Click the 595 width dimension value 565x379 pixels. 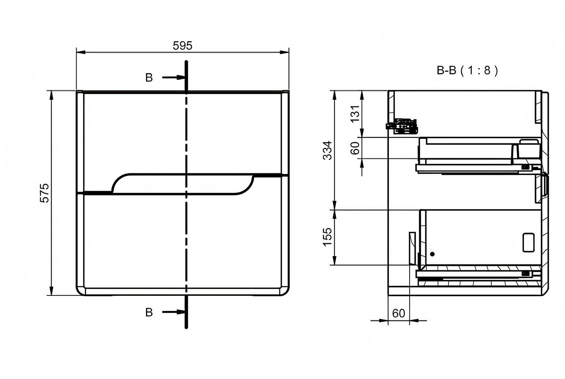182,46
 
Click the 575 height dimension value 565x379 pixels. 45,193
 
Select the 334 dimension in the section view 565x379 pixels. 327,150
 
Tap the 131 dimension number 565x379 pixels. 355,114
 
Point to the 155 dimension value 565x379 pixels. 327,237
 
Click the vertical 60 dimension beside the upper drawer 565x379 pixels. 355,148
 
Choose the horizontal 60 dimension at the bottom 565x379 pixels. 398,313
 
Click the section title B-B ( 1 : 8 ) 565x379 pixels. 468,71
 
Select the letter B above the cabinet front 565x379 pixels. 149,78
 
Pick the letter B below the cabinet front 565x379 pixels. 149,312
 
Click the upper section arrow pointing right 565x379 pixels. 174,77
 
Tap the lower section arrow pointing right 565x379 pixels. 174,312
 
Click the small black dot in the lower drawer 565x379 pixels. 432,254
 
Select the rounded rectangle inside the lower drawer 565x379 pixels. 529,242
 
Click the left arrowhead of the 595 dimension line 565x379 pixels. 81,52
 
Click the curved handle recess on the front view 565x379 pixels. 183,184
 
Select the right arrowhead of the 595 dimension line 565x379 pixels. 284,52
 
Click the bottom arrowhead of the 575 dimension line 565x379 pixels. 52,291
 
